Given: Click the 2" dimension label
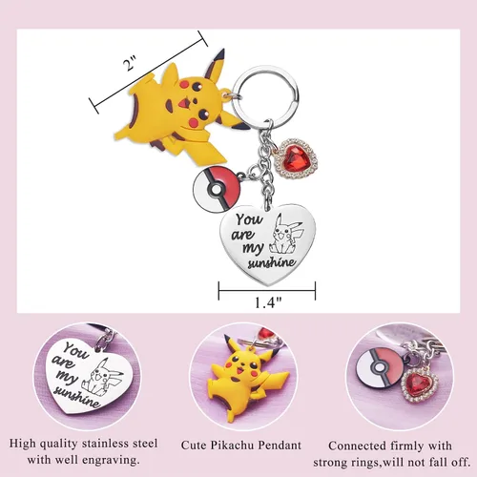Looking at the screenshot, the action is (130, 63).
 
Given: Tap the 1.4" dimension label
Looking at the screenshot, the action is (268, 302).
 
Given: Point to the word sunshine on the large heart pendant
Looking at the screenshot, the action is (272, 262).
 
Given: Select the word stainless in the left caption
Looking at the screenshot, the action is (106, 444).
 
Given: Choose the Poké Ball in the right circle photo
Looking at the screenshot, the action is (380, 368).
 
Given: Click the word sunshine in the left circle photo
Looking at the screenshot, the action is (78, 397).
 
